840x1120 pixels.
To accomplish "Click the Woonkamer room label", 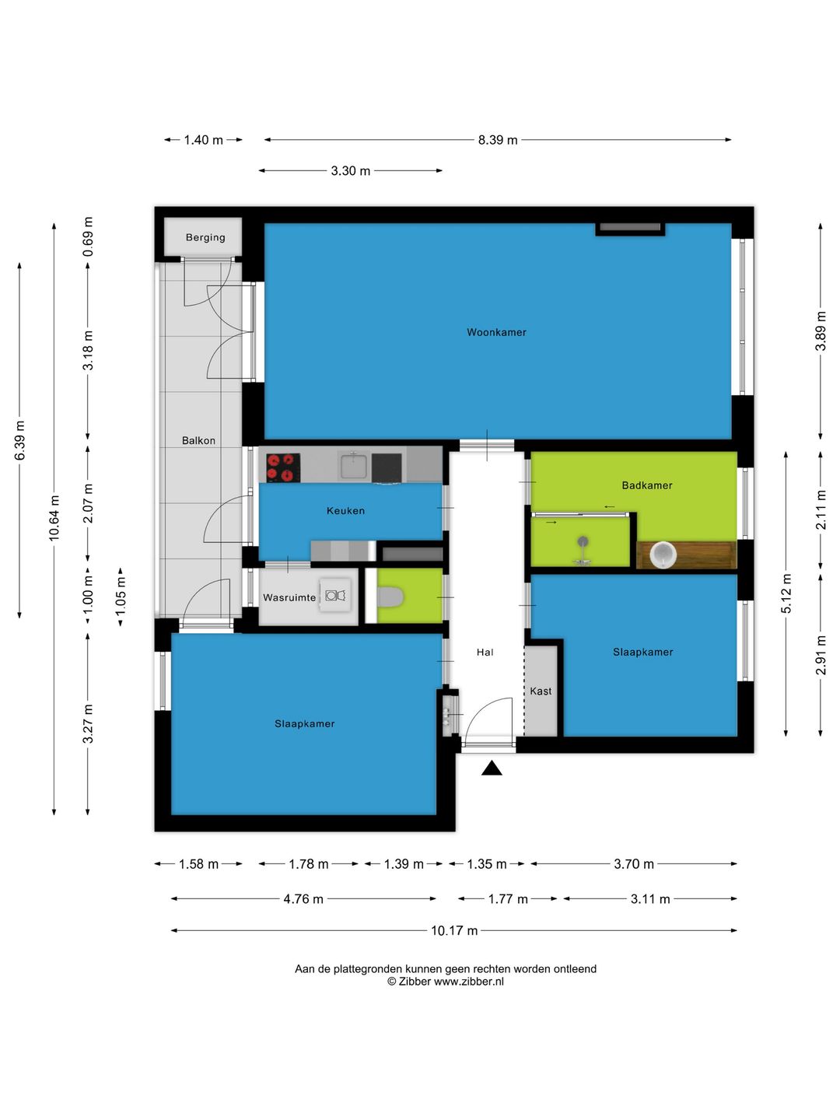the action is click(x=496, y=332).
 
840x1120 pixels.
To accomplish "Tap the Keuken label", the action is click(x=345, y=510).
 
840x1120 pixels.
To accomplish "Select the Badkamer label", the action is click(x=646, y=485).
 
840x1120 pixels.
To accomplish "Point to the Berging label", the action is click(x=205, y=237).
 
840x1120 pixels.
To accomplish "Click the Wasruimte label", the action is click(x=289, y=597).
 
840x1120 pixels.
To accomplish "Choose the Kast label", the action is click(x=541, y=691).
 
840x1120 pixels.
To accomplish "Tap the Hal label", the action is click(x=485, y=652).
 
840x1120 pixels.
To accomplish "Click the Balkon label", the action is click(x=198, y=440).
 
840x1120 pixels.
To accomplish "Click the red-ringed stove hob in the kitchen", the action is click(x=283, y=467).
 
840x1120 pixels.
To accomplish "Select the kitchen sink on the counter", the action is click(x=353, y=465).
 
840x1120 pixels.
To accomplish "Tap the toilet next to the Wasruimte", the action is click(x=390, y=597).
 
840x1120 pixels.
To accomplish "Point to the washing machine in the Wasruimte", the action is click(x=335, y=595).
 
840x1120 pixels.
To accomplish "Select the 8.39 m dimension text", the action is click(x=497, y=140).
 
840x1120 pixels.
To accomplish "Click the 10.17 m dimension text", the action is click(x=454, y=931).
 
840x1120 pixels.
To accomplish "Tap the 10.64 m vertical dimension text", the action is click(x=54, y=518).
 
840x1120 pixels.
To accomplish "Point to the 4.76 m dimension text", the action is click(x=303, y=899).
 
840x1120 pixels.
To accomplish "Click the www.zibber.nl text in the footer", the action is click(x=469, y=982).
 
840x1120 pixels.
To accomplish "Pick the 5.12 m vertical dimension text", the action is click(x=786, y=594).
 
